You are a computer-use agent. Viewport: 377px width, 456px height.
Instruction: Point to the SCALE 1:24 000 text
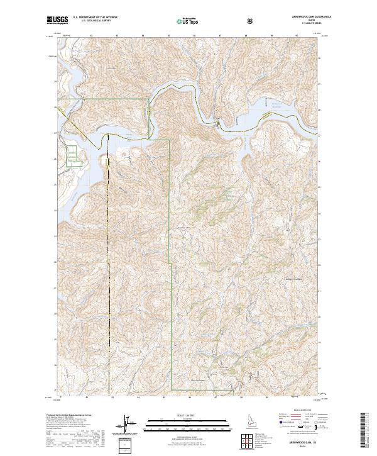click(x=179, y=414)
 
